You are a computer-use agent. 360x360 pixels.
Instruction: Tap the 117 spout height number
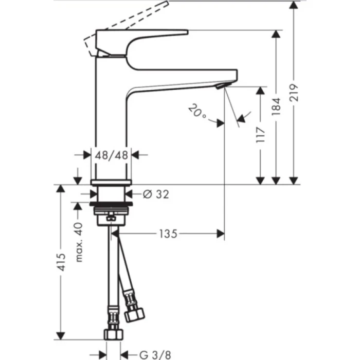pyautogui.click(x=261, y=135)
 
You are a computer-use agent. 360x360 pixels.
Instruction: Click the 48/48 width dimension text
pyautogui.click(x=112, y=154)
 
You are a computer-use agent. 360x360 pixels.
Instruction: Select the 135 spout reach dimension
pyautogui.click(x=168, y=234)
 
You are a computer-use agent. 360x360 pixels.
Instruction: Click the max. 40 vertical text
pyautogui.click(x=79, y=242)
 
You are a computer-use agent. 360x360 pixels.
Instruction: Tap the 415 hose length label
pyautogui.click(x=61, y=263)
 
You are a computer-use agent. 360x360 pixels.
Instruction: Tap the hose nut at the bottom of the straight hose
pyautogui.click(x=113, y=334)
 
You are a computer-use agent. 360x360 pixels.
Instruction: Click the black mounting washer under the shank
pyautogui.click(x=112, y=211)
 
